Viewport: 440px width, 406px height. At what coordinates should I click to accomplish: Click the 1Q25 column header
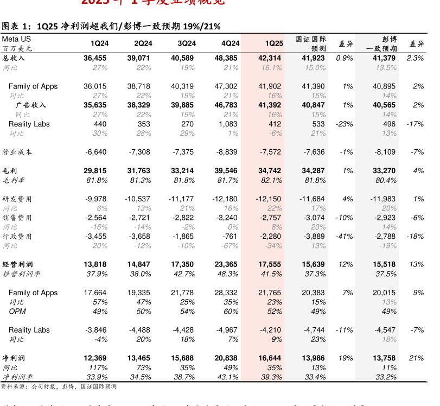(x=273, y=43)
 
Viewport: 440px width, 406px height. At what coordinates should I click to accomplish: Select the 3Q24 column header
(x=187, y=43)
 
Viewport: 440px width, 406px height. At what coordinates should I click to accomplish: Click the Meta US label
(x=16, y=39)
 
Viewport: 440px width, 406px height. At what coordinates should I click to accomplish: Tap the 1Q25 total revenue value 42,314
(x=270, y=58)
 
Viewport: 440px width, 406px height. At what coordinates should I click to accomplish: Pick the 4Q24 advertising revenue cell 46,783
(x=226, y=105)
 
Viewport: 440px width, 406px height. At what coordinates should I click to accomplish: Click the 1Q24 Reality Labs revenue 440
(x=100, y=124)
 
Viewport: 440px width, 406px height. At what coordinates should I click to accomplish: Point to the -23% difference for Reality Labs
(x=345, y=124)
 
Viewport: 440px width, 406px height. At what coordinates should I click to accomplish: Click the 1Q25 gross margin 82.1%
(x=271, y=180)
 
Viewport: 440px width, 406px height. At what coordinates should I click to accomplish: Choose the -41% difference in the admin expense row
(x=345, y=236)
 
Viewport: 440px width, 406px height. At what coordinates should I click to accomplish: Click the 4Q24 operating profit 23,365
(x=226, y=264)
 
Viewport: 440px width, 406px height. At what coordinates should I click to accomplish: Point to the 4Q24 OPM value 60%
(x=231, y=311)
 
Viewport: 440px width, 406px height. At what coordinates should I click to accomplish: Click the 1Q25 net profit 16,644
(x=270, y=358)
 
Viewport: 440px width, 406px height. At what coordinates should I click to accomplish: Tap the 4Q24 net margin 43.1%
(x=227, y=377)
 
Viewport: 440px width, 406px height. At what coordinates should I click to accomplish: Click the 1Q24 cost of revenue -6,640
(x=96, y=152)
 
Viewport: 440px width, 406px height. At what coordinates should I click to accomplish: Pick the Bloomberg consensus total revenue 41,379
(x=384, y=58)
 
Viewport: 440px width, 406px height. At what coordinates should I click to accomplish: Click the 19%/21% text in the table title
(x=202, y=26)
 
